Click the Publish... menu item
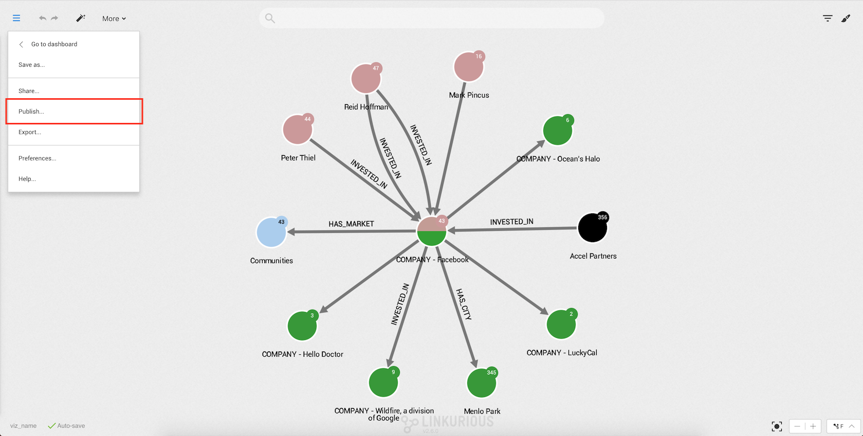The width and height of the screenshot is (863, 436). pyautogui.click(x=31, y=112)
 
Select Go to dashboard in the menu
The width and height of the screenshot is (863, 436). pyautogui.click(x=54, y=44)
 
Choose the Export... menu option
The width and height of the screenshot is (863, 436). pyautogui.click(x=30, y=132)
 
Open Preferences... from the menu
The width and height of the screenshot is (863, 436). pyautogui.click(x=37, y=158)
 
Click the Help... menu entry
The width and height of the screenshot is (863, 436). pyautogui.click(x=27, y=179)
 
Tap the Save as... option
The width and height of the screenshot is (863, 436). pyautogui.click(x=31, y=65)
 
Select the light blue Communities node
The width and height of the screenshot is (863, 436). pyautogui.click(x=271, y=232)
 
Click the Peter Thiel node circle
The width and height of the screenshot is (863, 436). pyautogui.click(x=297, y=130)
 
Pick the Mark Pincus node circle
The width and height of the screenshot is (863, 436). pyautogui.click(x=468, y=67)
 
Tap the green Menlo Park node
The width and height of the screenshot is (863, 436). pyautogui.click(x=481, y=383)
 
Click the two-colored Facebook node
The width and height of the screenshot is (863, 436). pyautogui.click(x=431, y=231)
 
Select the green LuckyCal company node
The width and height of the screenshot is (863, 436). pyautogui.click(x=561, y=324)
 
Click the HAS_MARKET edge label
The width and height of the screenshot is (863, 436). pyautogui.click(x=351, y=224)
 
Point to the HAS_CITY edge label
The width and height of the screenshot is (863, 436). pyautogui.click(x=464, y=304)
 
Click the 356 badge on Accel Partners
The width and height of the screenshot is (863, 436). pyautogui.click(x=602, y=217)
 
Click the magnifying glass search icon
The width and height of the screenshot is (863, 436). pyautogui.click(x=270, y=19)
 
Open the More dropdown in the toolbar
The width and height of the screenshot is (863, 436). pyautogui.click(x=114, y=19)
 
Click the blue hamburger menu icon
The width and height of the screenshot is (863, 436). pyautogui.click(x=16, y=18)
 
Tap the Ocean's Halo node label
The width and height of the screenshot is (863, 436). pyautogui.click(x=558, y=159)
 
